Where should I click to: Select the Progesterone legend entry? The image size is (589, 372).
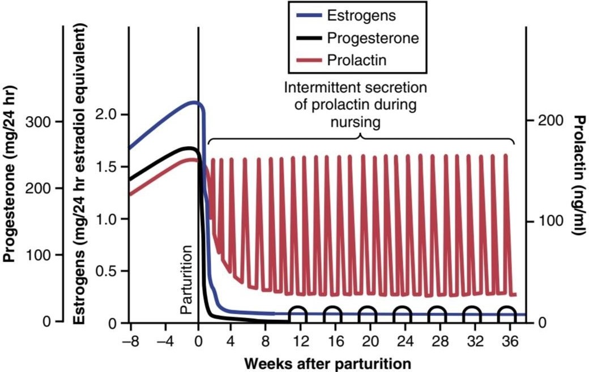pos(357,38)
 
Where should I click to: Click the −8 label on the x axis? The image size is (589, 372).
pos(131,341)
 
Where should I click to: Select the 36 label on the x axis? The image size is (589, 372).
pos(510,341)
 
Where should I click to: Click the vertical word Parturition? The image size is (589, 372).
pos(186,279)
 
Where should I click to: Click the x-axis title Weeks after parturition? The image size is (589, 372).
pos(327,364)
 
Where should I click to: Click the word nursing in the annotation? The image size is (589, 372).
pos(355,122)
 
